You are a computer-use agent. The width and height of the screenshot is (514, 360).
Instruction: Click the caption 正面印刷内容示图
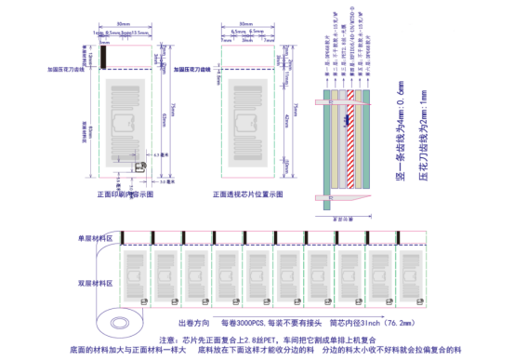tap(124, 194)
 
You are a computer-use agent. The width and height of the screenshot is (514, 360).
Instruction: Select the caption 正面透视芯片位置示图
tap(247, 194)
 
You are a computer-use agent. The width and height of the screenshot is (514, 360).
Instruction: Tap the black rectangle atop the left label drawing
tap(104, 56)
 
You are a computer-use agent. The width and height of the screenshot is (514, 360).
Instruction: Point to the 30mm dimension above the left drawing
tap(123, 23)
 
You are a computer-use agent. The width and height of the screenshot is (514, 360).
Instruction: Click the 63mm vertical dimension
tap(165, 116)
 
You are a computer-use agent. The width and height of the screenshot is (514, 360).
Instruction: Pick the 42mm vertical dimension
tap(286, 120)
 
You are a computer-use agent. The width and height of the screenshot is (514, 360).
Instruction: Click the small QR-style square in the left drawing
tap(138, 166)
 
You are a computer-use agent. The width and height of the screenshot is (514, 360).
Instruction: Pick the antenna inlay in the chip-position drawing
tap(246, 126)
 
